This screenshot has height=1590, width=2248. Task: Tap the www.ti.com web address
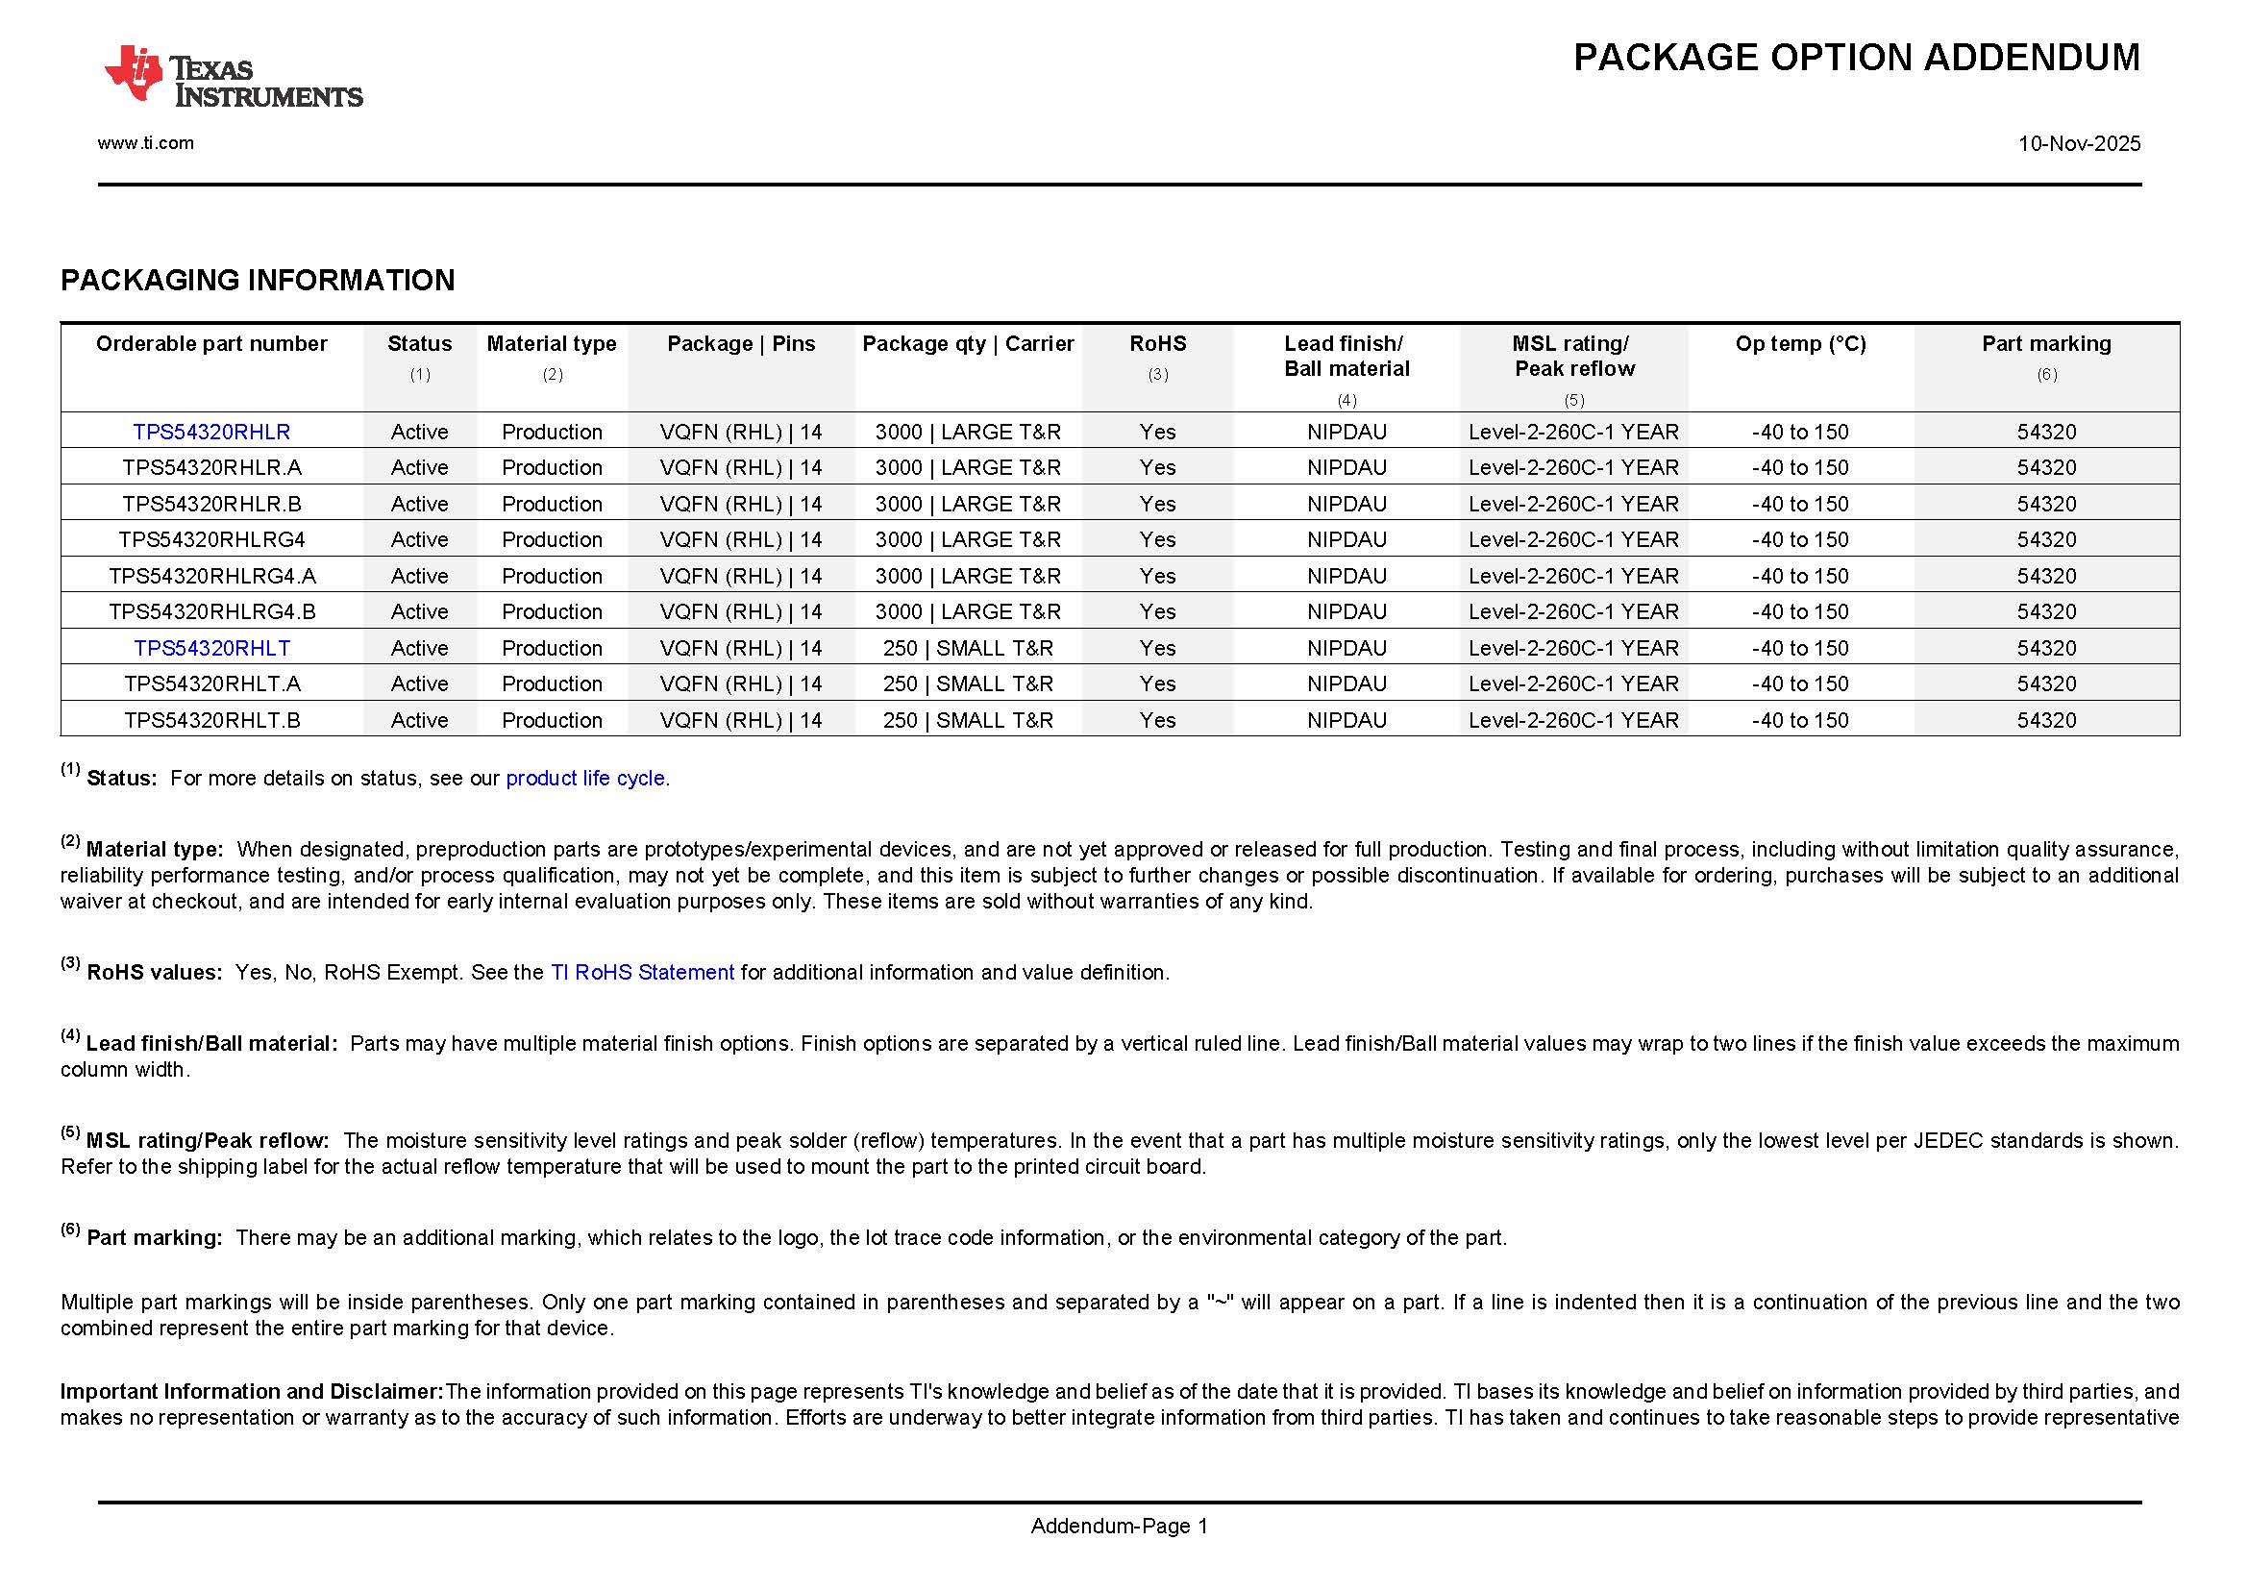coord(146,143)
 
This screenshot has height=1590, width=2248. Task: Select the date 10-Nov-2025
coord(2079,144)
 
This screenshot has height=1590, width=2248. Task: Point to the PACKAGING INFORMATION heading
coord(258,281)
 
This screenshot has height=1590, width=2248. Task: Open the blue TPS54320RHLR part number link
coord(211,432)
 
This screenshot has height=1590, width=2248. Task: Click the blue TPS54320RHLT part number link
coord(211,648)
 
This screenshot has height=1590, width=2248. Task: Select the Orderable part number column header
coord(211,343)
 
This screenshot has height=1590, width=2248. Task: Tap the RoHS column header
coord(1157,343)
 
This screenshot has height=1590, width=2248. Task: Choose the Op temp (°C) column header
coord(1800,343)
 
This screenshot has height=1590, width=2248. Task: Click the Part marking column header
coord(2046,343)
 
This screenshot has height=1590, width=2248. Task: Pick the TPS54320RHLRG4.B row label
coord(211,612)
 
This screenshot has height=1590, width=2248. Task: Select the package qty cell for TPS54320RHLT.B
coord(968,721)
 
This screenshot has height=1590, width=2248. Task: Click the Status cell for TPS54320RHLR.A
coord(419,468)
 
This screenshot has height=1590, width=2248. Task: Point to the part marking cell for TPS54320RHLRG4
coord(2046,539)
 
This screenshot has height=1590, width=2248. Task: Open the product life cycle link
coord(584,779)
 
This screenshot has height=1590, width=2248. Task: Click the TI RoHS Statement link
coord(642,972)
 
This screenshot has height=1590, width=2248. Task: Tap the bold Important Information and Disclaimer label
coord(252,1391)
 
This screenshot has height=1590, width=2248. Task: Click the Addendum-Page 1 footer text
coord(1119,1526)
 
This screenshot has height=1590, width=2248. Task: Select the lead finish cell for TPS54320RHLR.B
coord(1346,505)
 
